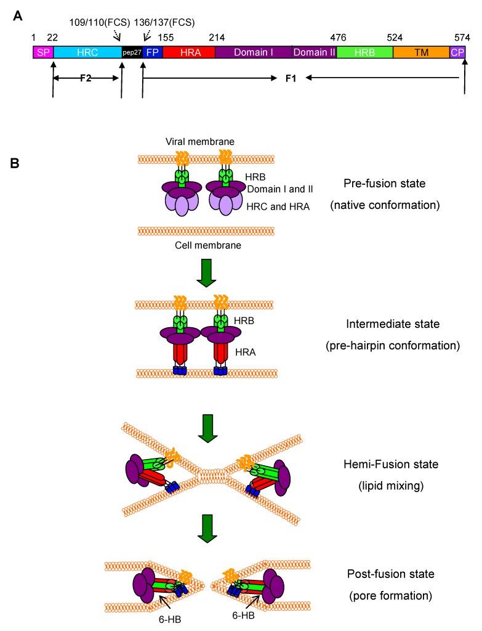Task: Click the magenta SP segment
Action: click(x=42, y=52)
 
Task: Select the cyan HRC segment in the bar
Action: click(x=87, y=52)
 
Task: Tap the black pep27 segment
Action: click(x=132, y=52)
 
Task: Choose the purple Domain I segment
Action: click(x=253, y=52)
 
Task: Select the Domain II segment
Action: click(x=314, y=52)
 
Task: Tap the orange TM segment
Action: click(x=421, y=52)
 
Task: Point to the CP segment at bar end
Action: click(x=457, y=52)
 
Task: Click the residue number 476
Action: click(x=338, y=37)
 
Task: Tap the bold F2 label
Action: click(x=86, y=78)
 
